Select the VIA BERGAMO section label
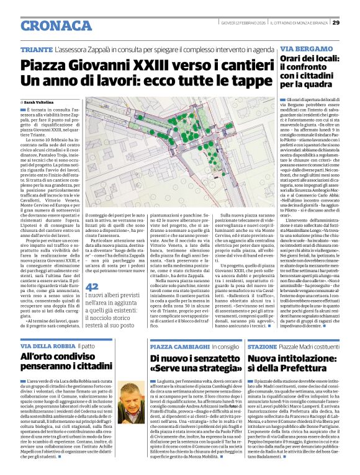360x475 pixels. click(302, 49)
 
